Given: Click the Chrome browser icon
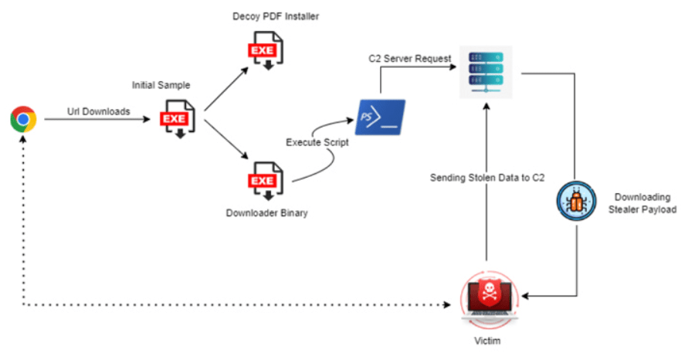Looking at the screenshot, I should coord(23,120).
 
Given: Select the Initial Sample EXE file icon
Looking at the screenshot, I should coord(175,121).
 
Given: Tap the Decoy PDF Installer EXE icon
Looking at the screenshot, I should coord(263,51).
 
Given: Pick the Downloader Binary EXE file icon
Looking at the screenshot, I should coord(263,182).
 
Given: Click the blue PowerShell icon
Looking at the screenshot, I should coord(379,117).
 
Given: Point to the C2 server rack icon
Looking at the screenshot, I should coord(486,70).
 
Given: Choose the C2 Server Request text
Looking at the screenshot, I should coord(409,59).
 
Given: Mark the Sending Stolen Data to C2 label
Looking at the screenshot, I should coord(487,178).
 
